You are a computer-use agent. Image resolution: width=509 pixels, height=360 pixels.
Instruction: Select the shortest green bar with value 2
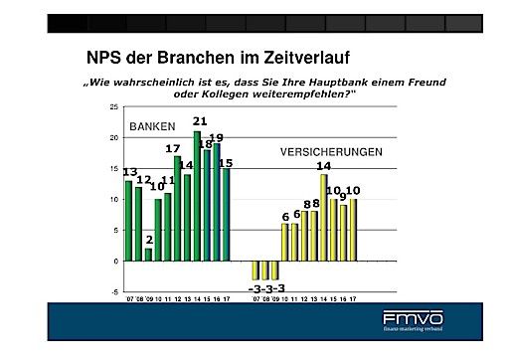coord(148,254)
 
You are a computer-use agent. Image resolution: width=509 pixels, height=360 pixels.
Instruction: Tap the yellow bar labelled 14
coord(323,217)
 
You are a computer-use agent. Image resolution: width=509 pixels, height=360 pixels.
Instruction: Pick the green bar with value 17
coord(177,208)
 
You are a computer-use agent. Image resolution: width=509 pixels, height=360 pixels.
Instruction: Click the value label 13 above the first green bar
coord(130,172)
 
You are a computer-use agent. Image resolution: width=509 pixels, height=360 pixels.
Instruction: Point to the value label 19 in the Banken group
coord(216,138)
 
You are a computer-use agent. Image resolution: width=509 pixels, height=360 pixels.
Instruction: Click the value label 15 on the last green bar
coord(226,163)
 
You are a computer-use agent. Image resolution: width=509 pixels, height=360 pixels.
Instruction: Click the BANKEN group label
coord(152,126)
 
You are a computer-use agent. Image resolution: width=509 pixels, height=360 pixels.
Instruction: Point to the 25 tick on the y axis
coord(114,105)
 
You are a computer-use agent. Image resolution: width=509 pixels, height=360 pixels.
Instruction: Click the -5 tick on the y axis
coord(114,292)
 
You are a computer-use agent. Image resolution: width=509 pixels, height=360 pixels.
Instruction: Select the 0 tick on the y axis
coord(115,261)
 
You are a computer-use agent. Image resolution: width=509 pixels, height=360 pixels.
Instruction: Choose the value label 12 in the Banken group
coord(143,180)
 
